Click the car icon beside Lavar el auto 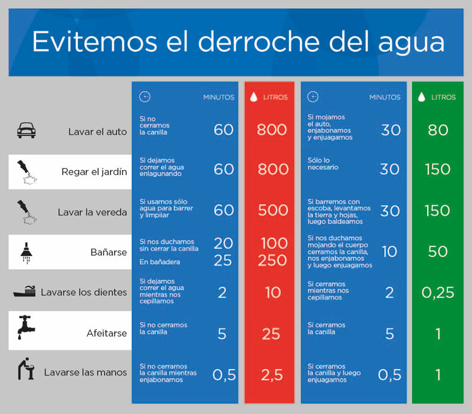[x=27, y=131]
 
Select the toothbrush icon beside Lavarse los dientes [x=25, y=292]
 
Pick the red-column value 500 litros [x=273, y=210]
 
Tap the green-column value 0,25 [x=438, y=292]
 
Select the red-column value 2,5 [x=271, y=374]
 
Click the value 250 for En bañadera [x=273, y=260]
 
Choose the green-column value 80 [x=438, y=130]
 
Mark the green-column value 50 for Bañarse [x=438, y=252]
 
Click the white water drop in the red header [x=253, y=97]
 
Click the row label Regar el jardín [x=94, y=172]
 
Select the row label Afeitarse [x=107, y=334]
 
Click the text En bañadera [x=159, y=261]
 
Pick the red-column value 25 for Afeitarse [x=271, y=334]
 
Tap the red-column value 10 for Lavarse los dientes [x=272, y=292]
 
